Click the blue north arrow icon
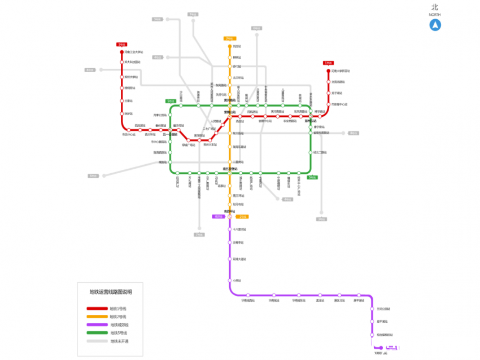point(435,25)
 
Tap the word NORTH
point(435,15)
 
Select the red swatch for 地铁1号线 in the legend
point(97,309)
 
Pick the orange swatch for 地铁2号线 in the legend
point(97,317)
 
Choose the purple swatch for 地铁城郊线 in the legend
point(97,325)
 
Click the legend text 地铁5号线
point(118,333)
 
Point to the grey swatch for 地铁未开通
point(97,341)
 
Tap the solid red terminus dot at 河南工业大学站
point(121,52)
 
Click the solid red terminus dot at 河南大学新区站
point(328,71)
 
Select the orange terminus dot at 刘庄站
point(230,46)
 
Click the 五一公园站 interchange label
point(170,135)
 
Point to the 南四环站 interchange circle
point(230,216)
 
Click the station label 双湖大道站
point(240,260)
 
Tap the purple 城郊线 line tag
point(219,216)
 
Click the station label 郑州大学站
point(131,77)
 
